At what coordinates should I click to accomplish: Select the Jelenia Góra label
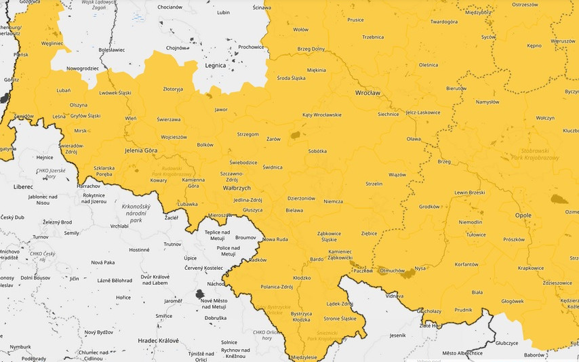click(x=141, y=150)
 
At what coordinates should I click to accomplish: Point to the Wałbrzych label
click(x=237, y=188)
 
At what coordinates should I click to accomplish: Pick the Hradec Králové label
click(x=157, y=340)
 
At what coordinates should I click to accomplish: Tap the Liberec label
click(x=22, y=186)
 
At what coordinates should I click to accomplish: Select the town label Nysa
click(x=420, y=268)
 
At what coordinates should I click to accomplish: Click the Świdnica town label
click(x=272, y=167)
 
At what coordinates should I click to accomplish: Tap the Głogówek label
click(x=512, y=301)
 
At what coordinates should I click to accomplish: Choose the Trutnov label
click(x=173, y=244)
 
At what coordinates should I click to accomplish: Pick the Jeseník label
click(x=398, y=335)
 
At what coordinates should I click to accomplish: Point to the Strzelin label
click(x=374, y=184)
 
